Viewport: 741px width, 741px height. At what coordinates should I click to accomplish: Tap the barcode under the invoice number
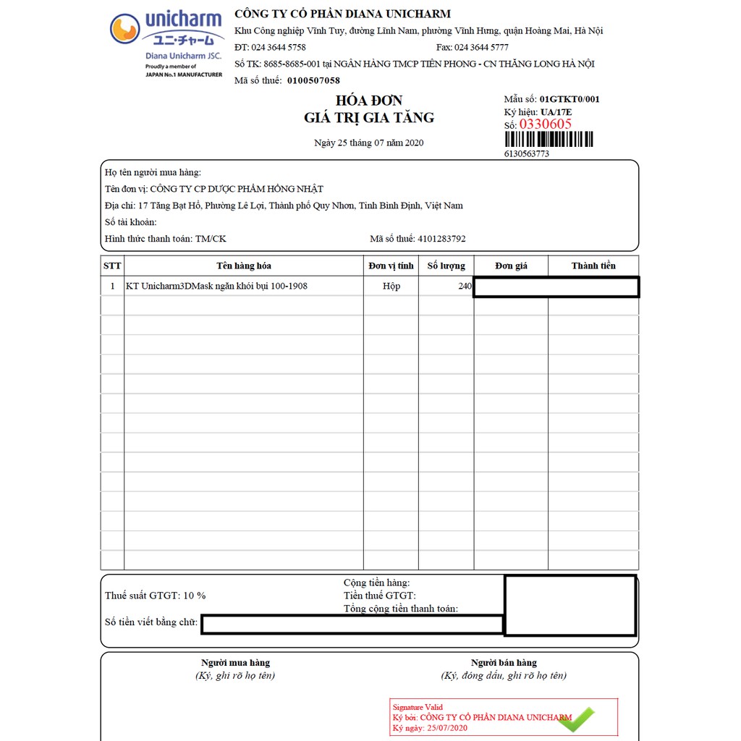pos(548,140)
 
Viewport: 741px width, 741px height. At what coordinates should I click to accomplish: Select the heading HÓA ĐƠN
pos(369,101)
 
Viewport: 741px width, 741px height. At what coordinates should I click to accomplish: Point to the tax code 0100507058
pos(313,80)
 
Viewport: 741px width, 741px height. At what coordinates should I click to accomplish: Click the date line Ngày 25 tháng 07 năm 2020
pos(369,143)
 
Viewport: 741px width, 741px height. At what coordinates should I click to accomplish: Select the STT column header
pos(112,266)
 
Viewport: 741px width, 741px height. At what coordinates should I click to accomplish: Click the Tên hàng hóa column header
pos(244,266)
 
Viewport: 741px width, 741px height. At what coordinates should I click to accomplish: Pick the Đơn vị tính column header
pos(391,266)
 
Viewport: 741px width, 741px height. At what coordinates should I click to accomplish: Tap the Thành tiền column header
pos(593,266)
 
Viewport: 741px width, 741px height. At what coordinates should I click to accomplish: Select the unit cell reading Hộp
pos(391,286)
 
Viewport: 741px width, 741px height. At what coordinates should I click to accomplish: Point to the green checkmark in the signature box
pos(576,719)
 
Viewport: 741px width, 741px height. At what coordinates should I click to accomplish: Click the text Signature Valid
pos(418,707)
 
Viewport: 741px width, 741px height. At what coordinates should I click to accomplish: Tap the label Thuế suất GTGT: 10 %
pos(156,596)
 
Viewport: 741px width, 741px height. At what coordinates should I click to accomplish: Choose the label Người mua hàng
pos(235,662)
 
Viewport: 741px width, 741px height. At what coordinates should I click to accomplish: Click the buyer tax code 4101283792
pos(441,238)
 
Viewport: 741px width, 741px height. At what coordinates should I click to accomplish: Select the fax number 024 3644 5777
pos(481,47)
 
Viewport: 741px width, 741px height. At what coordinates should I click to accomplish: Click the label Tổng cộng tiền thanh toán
pos(401,609)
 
